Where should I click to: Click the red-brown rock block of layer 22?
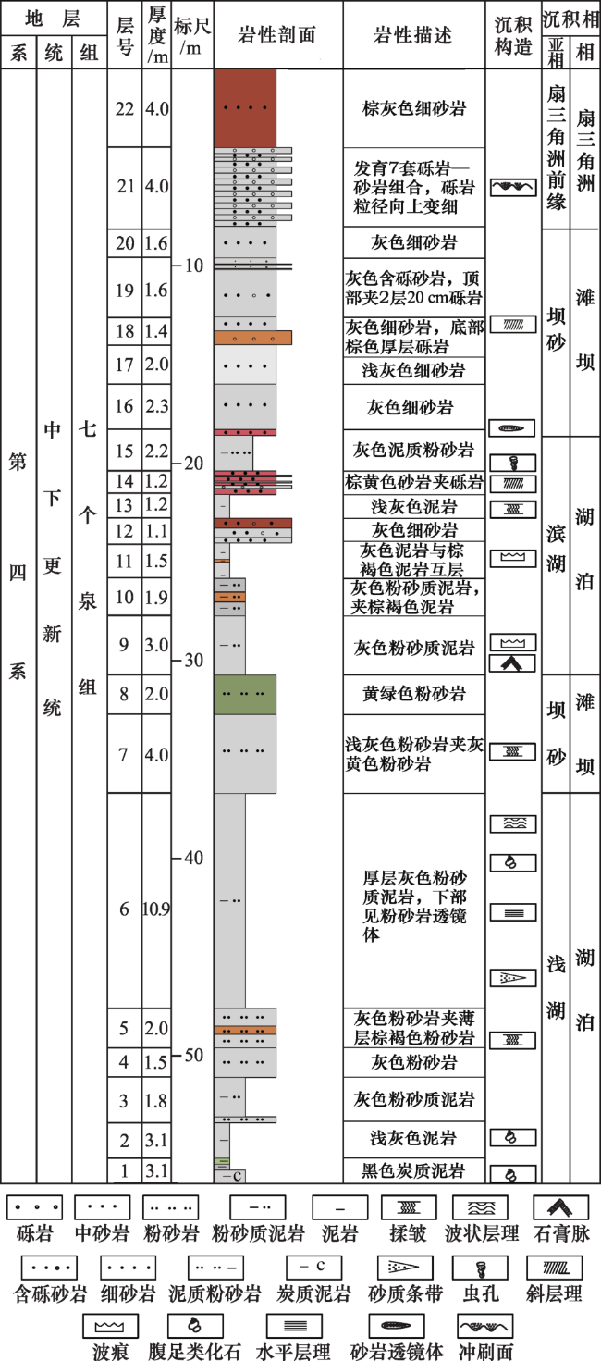click(245, 108)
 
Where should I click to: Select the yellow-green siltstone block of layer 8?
click(245, 695)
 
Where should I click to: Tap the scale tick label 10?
click(193, 266)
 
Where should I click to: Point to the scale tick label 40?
click(193, 858)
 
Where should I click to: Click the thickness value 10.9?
click(156, 909)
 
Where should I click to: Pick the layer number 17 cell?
click(125, 365)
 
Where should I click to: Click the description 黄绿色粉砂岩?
click(414, 693)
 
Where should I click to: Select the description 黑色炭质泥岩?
click(413, 1170)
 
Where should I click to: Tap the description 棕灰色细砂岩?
click(414, 108)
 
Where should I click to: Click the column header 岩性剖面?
click(277, 35)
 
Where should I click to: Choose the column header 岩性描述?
click(413, 35)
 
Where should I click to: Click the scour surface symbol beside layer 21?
click(513, 187)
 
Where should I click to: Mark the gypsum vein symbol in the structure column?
click(513, 663)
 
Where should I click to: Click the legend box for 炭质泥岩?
click(313, 1268)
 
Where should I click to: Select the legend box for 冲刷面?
click(485, 1326)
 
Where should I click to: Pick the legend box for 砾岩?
click(34, 1207)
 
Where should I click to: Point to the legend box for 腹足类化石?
click(195, 1326)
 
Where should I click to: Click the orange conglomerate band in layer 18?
click(253, 338)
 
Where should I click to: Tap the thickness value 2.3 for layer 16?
click(156, 406)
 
